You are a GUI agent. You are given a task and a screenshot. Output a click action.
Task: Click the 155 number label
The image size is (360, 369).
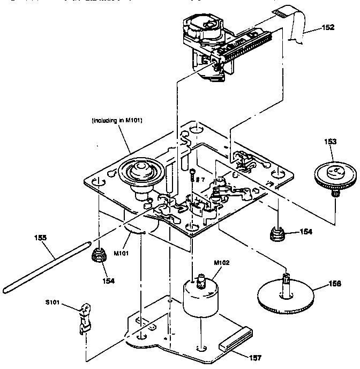click(41, 238)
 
